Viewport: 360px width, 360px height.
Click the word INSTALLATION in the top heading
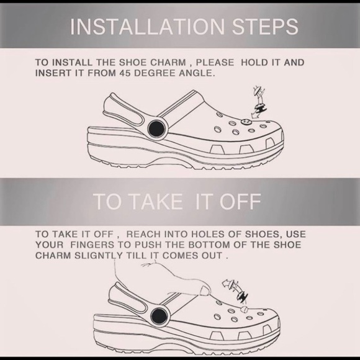[147, 27]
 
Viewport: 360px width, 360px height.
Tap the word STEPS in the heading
[265, 27]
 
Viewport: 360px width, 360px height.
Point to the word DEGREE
[155, 73]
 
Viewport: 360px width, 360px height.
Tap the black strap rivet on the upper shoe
[156, 128]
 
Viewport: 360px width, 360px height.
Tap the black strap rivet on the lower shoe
[160, 315]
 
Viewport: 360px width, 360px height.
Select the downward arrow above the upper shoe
[258, 103]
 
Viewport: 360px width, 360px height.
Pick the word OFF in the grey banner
[240, 201]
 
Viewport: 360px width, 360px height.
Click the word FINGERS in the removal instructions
[92, 245]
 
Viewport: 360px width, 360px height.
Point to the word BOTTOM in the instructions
[209, 245]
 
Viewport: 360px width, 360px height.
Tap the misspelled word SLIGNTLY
[99, 256]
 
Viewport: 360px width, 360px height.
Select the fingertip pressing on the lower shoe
[205, 290]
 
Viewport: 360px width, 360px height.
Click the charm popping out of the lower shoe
[244, 309]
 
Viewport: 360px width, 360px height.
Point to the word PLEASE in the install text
[215, 63]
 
